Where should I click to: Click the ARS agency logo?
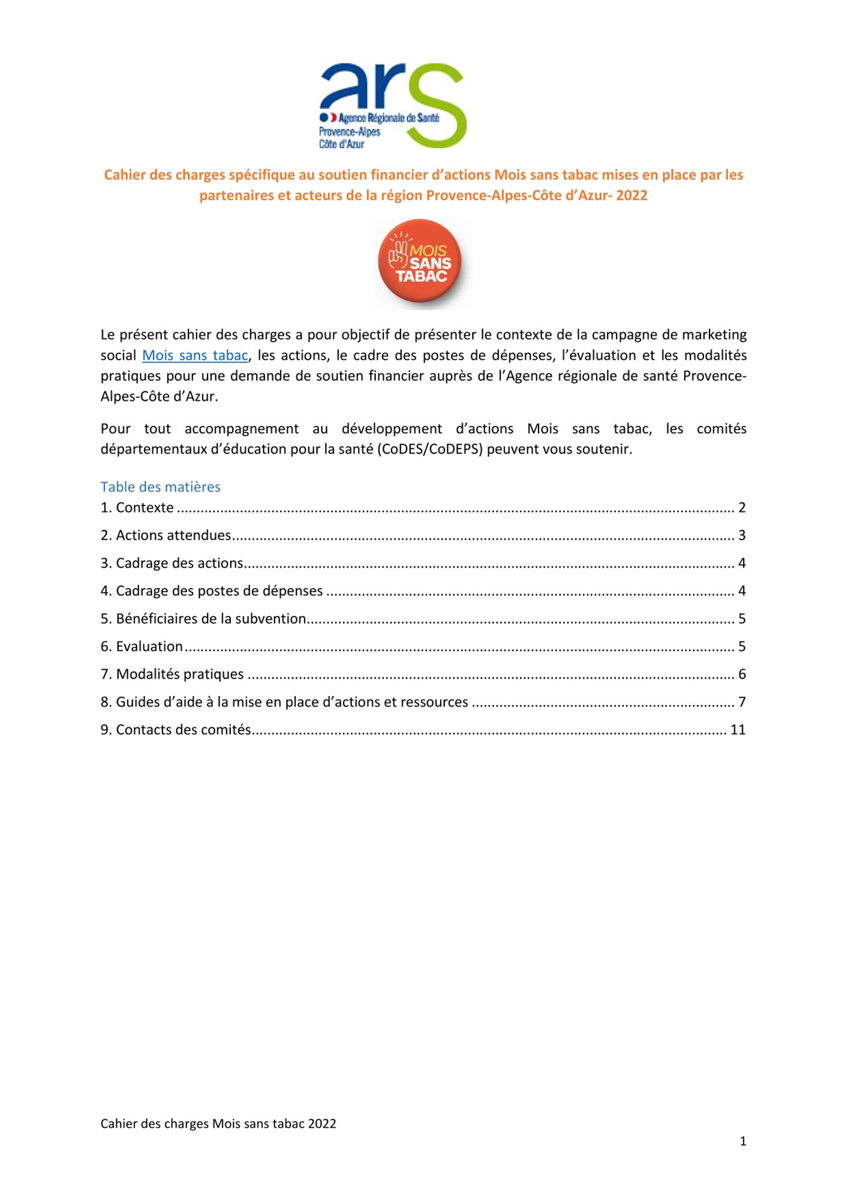[393, 106]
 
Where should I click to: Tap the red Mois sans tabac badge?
[422, 264]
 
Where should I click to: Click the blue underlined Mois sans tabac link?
[195, 355]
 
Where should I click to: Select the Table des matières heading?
[160, 487]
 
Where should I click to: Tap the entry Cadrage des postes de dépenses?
[219, 591]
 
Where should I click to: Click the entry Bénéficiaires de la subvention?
[211, 619]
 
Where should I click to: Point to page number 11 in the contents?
[738, 730]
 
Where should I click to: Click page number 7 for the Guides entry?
[742, 702]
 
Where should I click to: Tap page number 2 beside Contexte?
[742, 508]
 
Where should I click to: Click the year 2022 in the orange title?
[632, 196]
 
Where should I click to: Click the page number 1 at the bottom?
[743, 1141]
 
